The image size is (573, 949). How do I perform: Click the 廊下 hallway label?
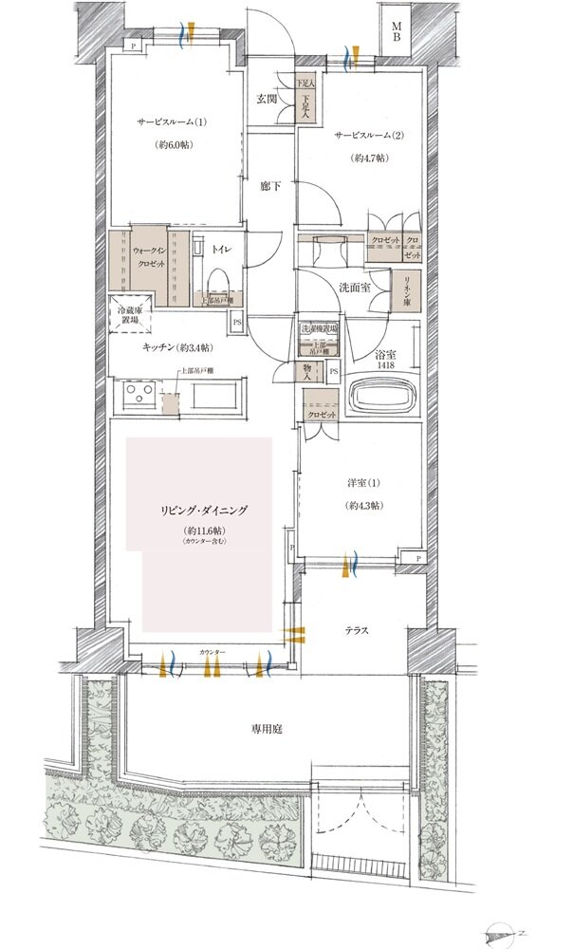271,187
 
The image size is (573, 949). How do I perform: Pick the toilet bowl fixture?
216,280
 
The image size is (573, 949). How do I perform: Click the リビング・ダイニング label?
204,510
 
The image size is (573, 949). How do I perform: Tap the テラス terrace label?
357,629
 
